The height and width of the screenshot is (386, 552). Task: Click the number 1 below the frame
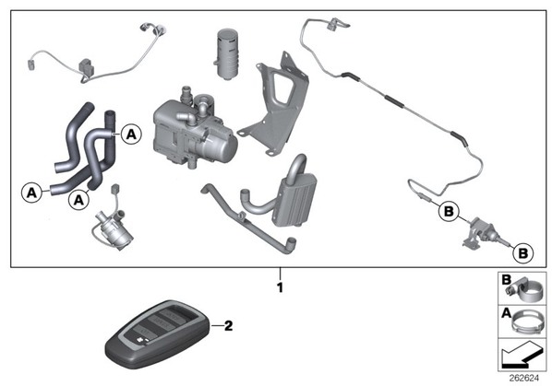(280, 287)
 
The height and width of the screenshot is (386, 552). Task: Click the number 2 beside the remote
(229, 325)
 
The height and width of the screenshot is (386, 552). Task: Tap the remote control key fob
(158, 333)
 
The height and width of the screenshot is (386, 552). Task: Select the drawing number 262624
(524, 378)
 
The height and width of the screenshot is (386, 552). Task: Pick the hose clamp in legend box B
(523, 290)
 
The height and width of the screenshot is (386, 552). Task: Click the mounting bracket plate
(274, 105)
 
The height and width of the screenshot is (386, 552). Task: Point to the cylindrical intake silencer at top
(227, 53)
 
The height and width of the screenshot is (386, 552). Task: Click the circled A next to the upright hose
(131, 135)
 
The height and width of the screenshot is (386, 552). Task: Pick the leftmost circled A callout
(31, 193)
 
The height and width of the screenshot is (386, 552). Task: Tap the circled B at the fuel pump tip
(523, 253)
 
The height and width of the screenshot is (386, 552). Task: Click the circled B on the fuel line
(449, 212)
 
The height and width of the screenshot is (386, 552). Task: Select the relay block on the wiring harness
(86, 66)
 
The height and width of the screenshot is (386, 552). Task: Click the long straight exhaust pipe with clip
(249, 217)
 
